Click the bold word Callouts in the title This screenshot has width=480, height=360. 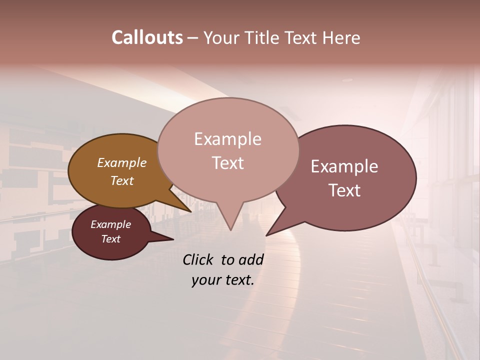pos(147,37)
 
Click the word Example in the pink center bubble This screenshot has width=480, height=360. pos(227,139)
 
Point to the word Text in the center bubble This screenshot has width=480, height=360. pos(227,163)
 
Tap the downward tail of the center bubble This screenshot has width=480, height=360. pos(230,220)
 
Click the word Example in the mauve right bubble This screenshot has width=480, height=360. pos(344,166)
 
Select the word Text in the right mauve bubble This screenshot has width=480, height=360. pos(344,190)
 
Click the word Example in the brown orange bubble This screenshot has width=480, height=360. pos(122,162)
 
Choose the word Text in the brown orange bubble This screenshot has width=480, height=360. pos(122,180)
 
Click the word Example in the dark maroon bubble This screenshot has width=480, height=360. pos(111,224)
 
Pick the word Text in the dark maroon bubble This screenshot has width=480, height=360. pos(111,239)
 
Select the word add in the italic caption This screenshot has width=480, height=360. pos(250,259)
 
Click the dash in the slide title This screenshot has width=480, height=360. pos(193,38)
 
